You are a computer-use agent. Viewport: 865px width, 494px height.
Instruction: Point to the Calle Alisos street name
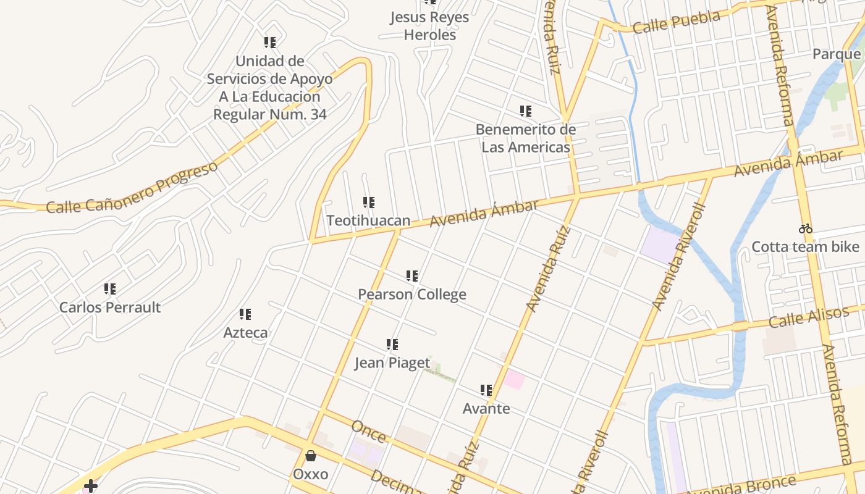809,318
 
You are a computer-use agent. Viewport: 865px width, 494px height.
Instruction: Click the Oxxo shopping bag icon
310,456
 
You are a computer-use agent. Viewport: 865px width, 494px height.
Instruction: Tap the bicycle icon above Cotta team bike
805,228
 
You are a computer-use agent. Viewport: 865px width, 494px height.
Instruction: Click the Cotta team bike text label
805,247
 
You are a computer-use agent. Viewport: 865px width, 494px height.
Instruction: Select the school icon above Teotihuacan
368,202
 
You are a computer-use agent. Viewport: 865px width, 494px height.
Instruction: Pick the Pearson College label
412,295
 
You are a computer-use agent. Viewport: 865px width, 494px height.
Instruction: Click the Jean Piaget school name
392,362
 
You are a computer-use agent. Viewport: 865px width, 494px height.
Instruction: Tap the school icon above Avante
486,390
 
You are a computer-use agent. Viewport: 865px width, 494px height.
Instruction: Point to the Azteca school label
245,333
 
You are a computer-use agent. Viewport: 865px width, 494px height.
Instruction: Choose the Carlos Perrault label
110,307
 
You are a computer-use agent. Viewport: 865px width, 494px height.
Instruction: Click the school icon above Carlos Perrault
110,288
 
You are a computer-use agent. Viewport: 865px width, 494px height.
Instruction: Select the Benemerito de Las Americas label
526,138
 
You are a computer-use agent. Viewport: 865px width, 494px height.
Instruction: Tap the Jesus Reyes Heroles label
429,26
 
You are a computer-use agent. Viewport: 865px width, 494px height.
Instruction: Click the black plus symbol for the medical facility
91,486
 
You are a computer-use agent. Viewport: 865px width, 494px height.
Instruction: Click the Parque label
837,54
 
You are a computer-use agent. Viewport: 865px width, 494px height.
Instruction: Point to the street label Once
368,432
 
